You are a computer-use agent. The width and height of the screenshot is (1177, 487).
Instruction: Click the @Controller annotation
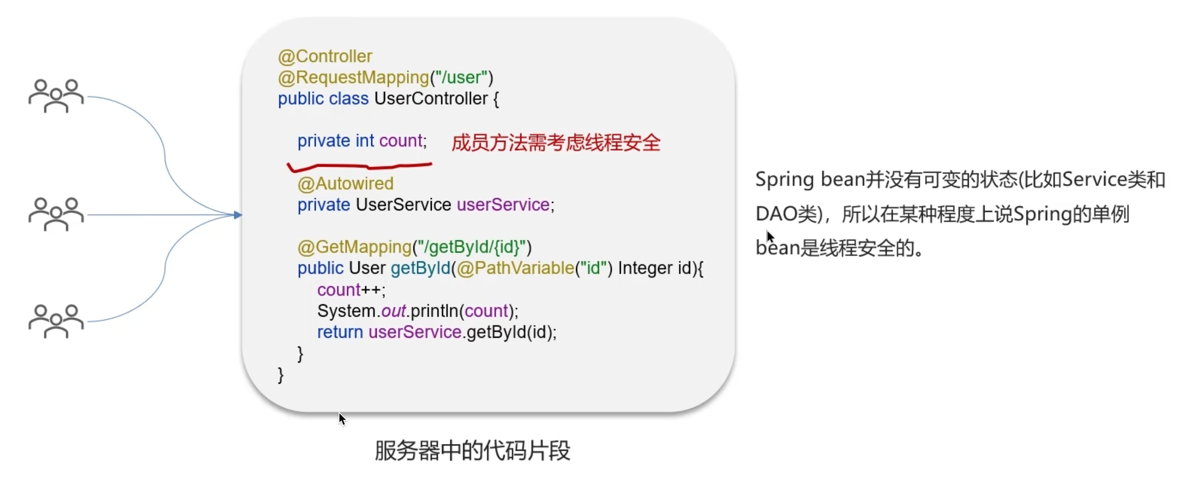pyautogui.click(x=325, y=57)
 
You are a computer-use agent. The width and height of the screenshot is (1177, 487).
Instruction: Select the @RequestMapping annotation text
pyautogui.click(x=354, y=78)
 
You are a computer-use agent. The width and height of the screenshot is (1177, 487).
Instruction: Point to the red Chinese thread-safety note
pyautogui.click(x=556, y=143)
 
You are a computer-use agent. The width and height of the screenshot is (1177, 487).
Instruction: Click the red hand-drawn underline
pyautogui.click(x=360, y=167)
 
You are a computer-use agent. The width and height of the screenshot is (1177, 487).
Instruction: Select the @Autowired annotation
pyautogui.click(x=345, y=184)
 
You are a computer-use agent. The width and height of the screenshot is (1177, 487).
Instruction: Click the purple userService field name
pyautogui.click(x=503, y=205)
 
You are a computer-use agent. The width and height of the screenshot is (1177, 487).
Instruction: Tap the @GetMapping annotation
pyautogui.click(x=355, y=247)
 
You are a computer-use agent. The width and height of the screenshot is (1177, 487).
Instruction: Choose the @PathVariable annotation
pyautogui.click(x=515, y=268)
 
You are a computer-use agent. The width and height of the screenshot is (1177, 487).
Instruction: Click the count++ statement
pyautogui.click(x=351, y=290)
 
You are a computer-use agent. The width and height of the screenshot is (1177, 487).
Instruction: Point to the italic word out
pyautogui.click(x=393, y=311)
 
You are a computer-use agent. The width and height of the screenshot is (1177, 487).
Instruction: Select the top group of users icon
pyautogui.click(x=56, y=96)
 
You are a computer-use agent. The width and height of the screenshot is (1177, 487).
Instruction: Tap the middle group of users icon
pyautogui.click(x=56, y=214)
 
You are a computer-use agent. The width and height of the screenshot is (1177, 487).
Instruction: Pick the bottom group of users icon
pyautogui.click(x=56, y=321)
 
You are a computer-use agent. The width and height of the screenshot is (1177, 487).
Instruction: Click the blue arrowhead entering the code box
pyautogui.click(x=237, y=215)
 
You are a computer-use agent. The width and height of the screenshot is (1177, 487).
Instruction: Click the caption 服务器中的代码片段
pyautogui.click(x=472, y=451)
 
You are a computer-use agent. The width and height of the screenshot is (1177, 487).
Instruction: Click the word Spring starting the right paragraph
pyautogui.click(x=785, y=180)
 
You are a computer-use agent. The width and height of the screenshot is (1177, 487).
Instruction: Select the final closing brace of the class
pyautogui.click(x=280, y=375)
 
